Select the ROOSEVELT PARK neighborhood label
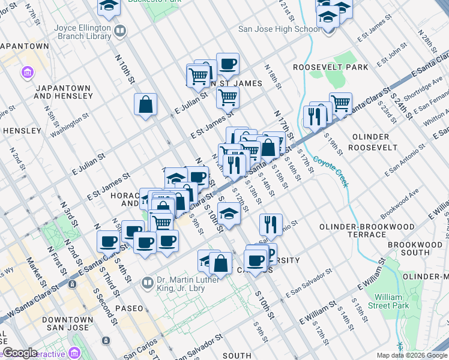(x=330, y=67)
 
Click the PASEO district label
(x=129, y=308)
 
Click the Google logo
(x=20, y=353)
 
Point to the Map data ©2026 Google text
(x=411, y=355)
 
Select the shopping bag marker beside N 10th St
(x=145, y=105)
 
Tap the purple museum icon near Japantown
(x=27, y=73)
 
